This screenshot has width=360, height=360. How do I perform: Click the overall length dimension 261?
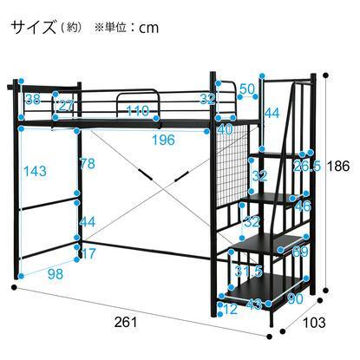pos(126,322)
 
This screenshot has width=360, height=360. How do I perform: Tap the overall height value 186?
pos(338,167)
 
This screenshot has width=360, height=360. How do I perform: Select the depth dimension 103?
pos(314,323)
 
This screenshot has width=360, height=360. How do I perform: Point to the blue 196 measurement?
pos(163,141)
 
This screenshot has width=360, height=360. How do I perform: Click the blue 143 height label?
pos(35,171)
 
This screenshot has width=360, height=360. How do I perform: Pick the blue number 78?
pos(88,164)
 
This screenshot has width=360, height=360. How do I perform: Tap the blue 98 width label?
pos(56,273)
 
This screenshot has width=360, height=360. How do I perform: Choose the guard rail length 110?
pos(138,111)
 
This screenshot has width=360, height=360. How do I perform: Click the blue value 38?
pos(33,100)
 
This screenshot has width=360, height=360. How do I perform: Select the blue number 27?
pos(66,106)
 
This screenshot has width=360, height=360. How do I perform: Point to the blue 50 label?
pos(247,89)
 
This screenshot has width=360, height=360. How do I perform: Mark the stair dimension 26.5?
pos(307,167)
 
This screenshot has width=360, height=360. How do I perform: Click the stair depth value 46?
pos(303,206)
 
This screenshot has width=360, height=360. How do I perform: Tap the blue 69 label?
pos(300,252)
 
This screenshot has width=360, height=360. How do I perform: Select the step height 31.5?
pos(248,272)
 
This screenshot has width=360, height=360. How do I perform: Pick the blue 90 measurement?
pos(295,298)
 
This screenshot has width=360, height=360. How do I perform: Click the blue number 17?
pos(88,253)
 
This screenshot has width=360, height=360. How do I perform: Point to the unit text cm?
pos(148,28)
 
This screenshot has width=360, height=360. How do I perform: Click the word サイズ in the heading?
pos(34,28)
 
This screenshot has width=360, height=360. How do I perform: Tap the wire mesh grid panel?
pos(231,163)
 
